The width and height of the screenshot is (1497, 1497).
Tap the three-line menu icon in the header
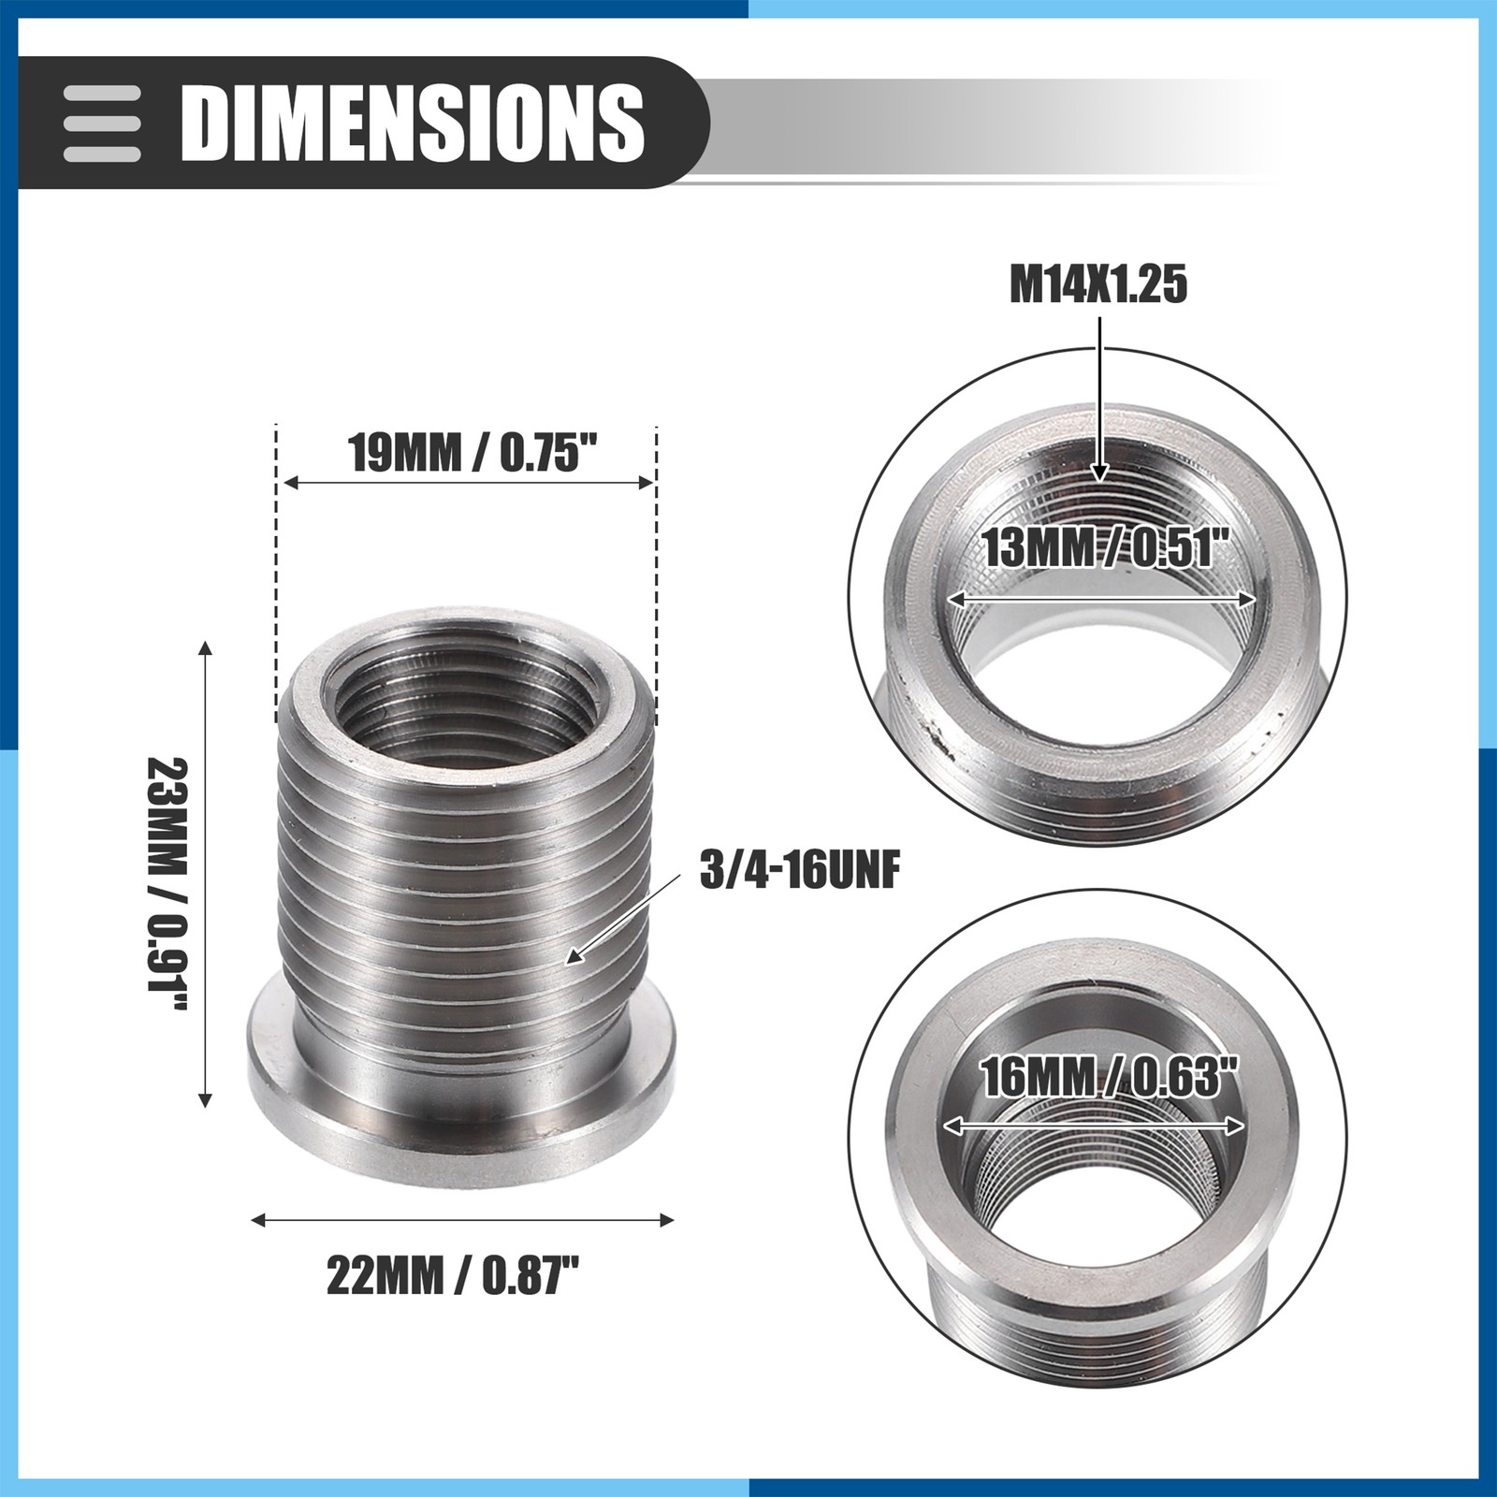point(102,124)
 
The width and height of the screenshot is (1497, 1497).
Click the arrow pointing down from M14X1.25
point(1101,399)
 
